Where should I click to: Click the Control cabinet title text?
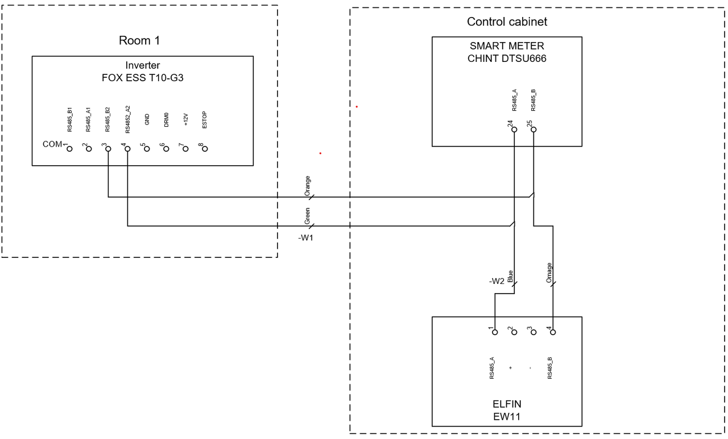[507, 22]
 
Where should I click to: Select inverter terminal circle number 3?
[108, 149]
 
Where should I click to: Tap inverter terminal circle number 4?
[127, 149]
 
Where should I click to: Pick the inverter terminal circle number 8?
[205, 149]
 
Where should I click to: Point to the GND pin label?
[147, 119]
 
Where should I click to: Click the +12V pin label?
[185, 119]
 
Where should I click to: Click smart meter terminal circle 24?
[514, 129]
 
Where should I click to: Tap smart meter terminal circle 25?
[533, 129]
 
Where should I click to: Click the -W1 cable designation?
[306, 237]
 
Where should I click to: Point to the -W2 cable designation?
[497, 281]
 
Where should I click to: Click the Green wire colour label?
[307, 215]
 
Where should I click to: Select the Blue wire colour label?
[510, 277]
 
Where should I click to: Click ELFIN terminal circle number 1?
[495, 332]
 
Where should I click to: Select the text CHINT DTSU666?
[507, 58]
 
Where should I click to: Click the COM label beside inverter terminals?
[52, 144]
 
